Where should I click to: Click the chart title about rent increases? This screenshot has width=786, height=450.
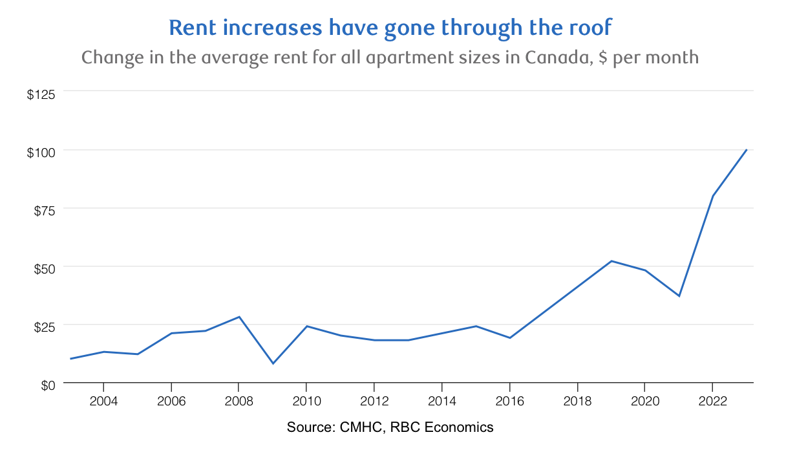pyautogui.click(x=390, y=28)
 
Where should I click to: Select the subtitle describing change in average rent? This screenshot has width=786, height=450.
pyautogui.click(x=390, y=57)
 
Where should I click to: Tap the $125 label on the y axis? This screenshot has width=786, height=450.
pyautogui.click(x=41, y=94)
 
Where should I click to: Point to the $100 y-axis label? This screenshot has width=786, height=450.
pyautogui.click(x=41, y=152)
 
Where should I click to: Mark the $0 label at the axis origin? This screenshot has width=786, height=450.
pyautogui.click(x=47, y=385)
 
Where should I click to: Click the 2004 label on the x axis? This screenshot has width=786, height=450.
pyautogui.click(x=103, y=402)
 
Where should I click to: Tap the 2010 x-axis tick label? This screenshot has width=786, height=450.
pyautogui.click(x=306, y=402)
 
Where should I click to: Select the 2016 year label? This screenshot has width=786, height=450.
pyautogui.click(x=509, y=402)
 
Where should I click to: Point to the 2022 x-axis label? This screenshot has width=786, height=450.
pyautogui.click(x=712, y=402)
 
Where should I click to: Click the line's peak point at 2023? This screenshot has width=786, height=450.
pyautogui.click(x=747, y=150)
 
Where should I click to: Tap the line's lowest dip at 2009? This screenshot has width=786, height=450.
pyautogui.click(x=273, y=363)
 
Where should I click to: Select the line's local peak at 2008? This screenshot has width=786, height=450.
pyautogui.click(x=239, y=317)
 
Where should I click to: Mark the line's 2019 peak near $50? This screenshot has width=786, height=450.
pyautogui.click(x=611, y=261)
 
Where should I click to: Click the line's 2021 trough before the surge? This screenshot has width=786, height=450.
pyautogui.click(x=679, y=296)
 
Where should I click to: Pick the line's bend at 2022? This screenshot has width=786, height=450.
pyautogui.click(x=712, y=196)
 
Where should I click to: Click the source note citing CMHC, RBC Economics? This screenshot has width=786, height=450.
pyautogui.click(x=390, y=427)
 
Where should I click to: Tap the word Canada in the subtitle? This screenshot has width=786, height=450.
pyautogui.click(x=556, y=57)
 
